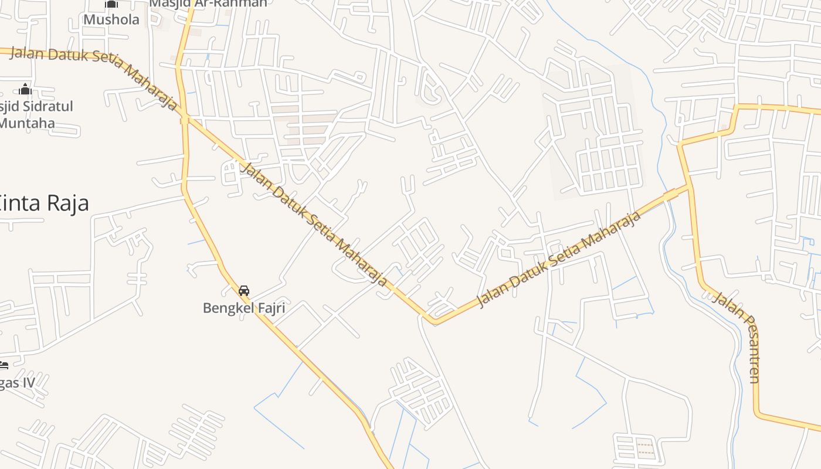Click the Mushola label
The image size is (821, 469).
point(111,19)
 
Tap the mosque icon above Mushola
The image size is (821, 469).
point(111,4)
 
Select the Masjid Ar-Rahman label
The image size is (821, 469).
point(208,3)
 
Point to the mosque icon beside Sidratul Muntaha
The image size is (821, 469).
point(25,89)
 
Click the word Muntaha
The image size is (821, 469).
point(27,123)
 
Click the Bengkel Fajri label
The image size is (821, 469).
point(244,307)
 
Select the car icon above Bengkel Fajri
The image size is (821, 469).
point(244,291)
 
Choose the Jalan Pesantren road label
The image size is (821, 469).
point(738,337)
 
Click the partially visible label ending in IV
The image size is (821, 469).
point(17,383)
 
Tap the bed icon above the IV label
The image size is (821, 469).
point(4,365)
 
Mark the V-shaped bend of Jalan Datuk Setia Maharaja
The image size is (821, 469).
point(433,321)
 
